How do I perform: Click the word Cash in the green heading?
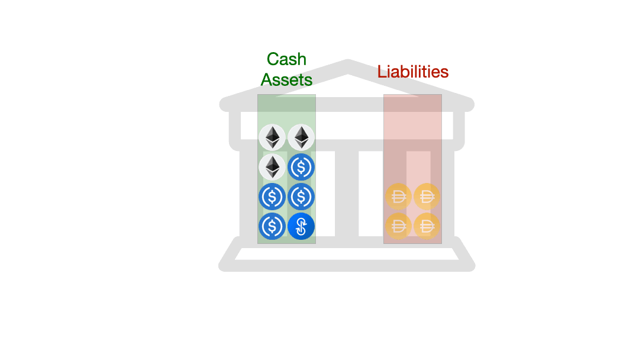[286, 59]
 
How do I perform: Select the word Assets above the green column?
[286, 79]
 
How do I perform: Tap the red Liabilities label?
[413, 72]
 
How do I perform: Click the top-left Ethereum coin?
[272, 137]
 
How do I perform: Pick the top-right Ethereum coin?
[301, 137]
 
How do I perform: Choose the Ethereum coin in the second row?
[272, 167]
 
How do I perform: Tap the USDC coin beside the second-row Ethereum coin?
[301, 167]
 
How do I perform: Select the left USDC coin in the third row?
[272, 197]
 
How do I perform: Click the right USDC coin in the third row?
[301, 197]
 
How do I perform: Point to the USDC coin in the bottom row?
[272, 226]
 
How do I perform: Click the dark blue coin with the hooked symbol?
[301, 226]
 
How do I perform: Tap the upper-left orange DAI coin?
[398, 197]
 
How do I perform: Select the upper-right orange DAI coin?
[426, 197]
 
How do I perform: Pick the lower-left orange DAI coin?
[398, 226]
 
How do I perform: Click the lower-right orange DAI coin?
[426, 226]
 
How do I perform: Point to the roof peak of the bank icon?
[348, 65]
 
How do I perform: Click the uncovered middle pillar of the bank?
[347, 192]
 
